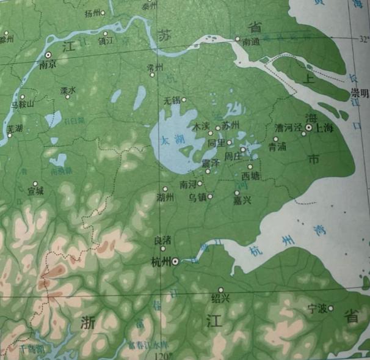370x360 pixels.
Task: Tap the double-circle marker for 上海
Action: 309,127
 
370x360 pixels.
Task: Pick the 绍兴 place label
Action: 220,298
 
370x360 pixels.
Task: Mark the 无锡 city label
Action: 173,100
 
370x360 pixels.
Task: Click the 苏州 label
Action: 230,125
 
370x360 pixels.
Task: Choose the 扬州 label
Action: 92,12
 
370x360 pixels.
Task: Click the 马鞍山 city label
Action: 23,105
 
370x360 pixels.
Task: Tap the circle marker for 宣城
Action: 35,183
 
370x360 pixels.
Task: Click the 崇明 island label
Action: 359,93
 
